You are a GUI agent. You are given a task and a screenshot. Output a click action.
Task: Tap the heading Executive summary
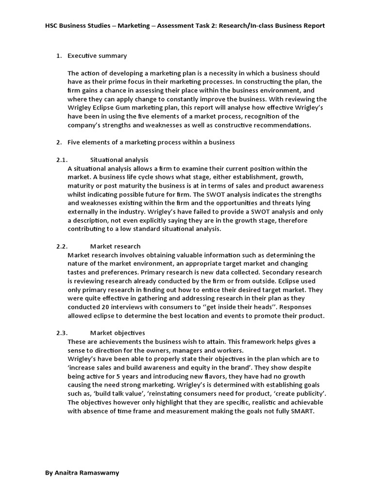[97, 56]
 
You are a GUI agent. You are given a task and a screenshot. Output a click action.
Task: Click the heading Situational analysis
[119, 160]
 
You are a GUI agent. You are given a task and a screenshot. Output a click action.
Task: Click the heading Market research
[115, 246]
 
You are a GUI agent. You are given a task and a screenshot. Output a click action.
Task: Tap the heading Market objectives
[118, 333]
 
